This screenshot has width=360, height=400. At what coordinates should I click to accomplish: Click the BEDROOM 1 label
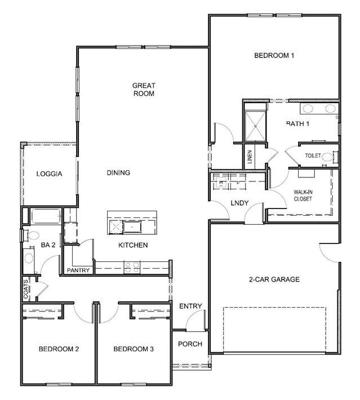pos(274,55)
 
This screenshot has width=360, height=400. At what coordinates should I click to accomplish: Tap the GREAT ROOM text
pos(144,89)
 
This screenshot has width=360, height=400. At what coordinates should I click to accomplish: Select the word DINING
pos(118,173)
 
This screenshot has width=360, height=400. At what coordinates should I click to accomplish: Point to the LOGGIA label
pos(49,174)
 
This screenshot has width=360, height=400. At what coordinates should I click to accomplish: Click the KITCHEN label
pos(133,245)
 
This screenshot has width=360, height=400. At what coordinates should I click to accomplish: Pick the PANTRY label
pos(78,270)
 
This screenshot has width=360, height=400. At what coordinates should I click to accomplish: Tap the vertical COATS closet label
pos(26,289)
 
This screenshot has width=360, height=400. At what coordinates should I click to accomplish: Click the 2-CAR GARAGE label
pos(274,279)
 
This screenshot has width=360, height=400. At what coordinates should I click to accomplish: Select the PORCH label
pos(190,344)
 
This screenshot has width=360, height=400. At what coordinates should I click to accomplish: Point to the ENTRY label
pos(190,306)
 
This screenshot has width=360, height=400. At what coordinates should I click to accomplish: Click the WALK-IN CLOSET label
pos(303,195)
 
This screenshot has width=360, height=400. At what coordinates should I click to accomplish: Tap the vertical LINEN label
pos(250,157)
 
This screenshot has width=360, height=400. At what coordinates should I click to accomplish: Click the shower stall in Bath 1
pos(255,126)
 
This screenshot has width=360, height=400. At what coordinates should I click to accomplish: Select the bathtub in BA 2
pos(46,216)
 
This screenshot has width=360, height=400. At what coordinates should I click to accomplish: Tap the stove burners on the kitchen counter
pos(132,267)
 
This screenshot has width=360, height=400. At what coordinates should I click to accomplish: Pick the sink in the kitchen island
pos(132,227)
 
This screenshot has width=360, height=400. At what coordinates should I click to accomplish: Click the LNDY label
pos(239,203)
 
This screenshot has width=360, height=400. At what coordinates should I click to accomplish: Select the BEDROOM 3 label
pos(134,349)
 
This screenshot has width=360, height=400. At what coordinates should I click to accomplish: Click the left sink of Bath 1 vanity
pos(308,109)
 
